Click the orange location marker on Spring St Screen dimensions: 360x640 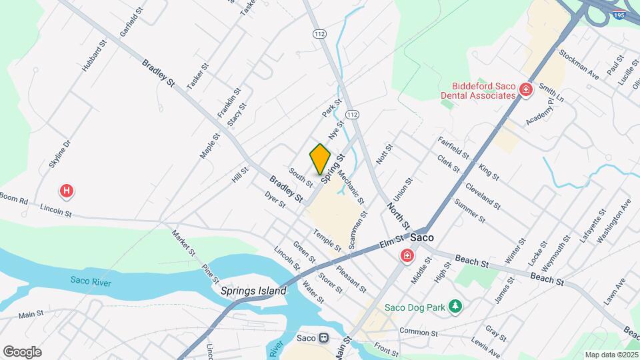(x=320, y=159)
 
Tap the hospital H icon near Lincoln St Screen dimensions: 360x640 (x=67, y=191)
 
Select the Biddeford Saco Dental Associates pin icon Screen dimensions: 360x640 (x=525, y=89)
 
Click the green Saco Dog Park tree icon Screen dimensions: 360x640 (x=455, y=306)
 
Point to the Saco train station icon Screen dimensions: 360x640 (x=325, y=339)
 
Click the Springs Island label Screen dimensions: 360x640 (x=253, y=291)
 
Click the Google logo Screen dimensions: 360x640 (x=22, y=351)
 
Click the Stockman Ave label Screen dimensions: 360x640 (x=579, y=64)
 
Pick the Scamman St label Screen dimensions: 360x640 (x=359, y=229)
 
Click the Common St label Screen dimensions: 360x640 (x=419, y=331)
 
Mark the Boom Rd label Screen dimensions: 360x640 (x=13, y=199)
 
